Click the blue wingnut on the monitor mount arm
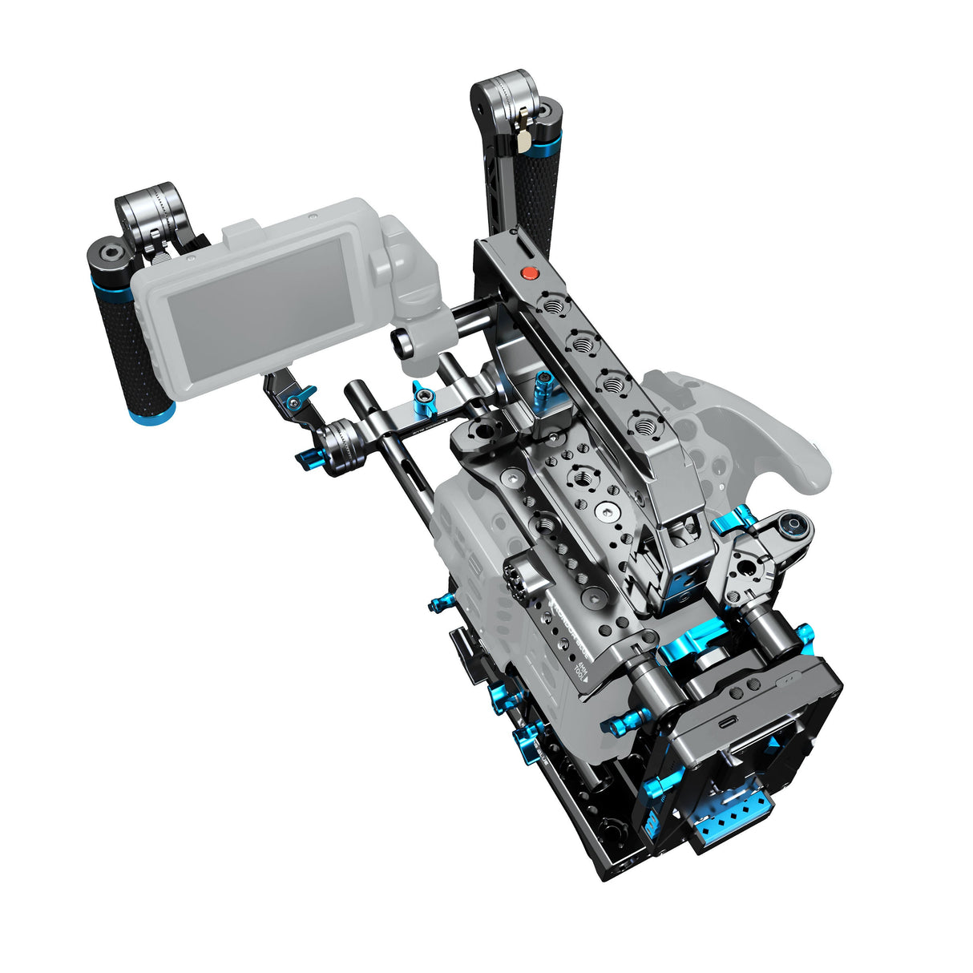coord(302,397)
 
